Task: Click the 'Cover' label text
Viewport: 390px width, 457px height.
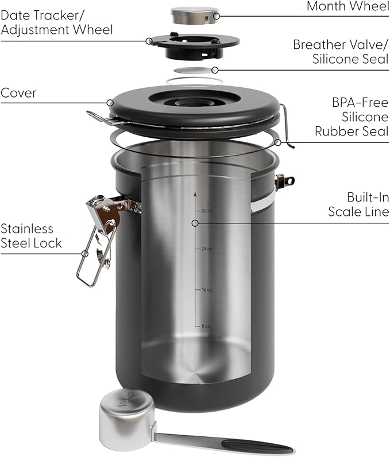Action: coord(18,93)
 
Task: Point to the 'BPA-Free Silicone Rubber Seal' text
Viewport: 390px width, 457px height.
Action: coord(352,117)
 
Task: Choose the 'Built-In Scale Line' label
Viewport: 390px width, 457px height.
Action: coord(358,204)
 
